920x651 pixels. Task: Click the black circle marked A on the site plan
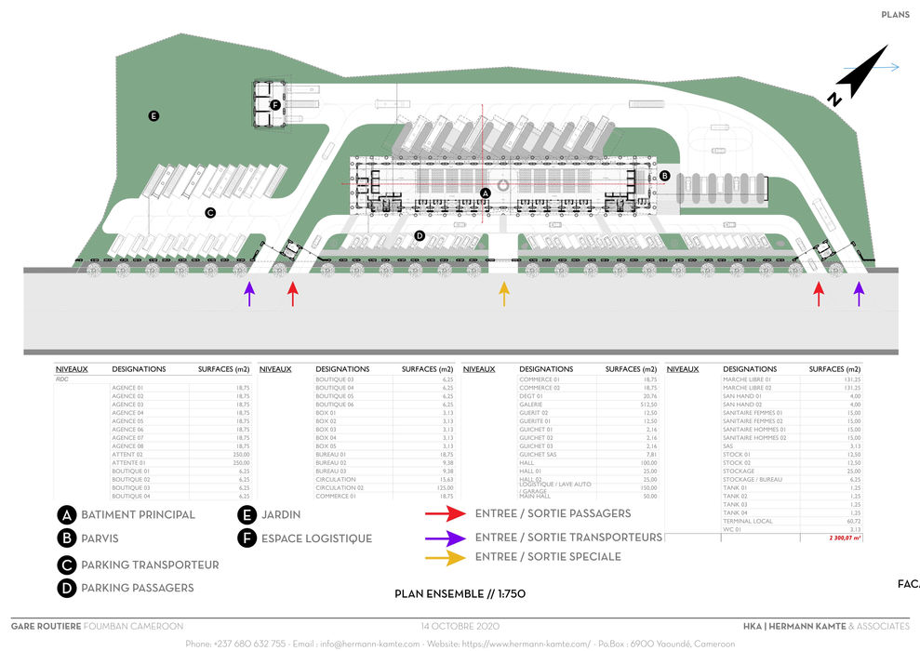pyautogui.click(x=485, y=193)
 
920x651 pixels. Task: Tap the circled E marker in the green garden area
pyautogui.click(x=153, y=116)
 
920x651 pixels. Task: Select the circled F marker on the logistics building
pyautogui.click(x=275, y=105)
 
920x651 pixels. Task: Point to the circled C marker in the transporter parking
pyautogui.click(x=210, y=212)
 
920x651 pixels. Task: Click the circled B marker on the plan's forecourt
pyautogui.click(x=664, y=175)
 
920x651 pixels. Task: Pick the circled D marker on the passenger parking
pyautogui.click(x=420, y=236)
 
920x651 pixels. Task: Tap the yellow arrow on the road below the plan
pyautogui.click(x=504, y=294)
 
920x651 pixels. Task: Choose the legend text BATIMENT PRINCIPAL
pyautogui.click(x=138, y=514)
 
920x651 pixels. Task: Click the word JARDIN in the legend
pyautogui.click(x=282, y=514)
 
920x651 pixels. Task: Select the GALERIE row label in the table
pyautogui.click(x=532, y=405)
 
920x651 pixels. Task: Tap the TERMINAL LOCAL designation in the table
pyautogui.click(x=748, y=522)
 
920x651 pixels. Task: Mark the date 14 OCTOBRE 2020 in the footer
pyautogui.click(x=460, y=626)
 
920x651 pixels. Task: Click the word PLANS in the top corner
pyautogui.click(x=895, y=15)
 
